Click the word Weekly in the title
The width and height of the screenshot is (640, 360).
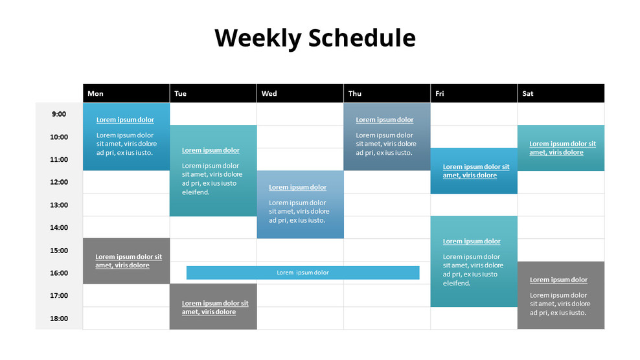pyautogui.click(x=258, y=38)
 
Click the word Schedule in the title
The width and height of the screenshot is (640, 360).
pyautogui.click(x=361, y=38)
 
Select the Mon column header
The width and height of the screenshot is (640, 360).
pyautogui.click(x=95, y=93)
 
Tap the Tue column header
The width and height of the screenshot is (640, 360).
pyautogui.click(x=180, y=93)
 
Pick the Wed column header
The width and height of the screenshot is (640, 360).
pyautogui.click(x=269, y=93)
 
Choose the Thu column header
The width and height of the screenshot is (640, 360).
pyautogui.click(x=355, y=93)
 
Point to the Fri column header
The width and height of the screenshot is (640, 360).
pyautogui.click(x=440, y=93)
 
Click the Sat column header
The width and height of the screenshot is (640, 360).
pyautogui.click(x=528, y=93)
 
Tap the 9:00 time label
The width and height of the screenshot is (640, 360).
pyautogui.click(x=59, y=114)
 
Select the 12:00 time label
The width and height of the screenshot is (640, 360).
pyautogui.click(x=59, y=182)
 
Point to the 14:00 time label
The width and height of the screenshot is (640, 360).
pyautogui.click(x=59, y=227)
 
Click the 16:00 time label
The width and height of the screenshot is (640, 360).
pyautogui.click(x=59, y=273)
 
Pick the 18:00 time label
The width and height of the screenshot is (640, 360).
pyautogui.click(x=59, y=318)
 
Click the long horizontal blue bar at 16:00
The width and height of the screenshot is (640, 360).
pyautogui.click(x=303, y=273)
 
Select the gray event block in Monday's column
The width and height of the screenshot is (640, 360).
pyautogui.click(x=126, y=261)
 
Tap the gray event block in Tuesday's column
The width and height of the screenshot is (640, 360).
pyautogui.click(x=213, y=307)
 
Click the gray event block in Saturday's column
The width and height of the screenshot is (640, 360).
pyautogui.click(x=560, y=295)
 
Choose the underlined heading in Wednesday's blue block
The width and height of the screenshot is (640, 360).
pyautogui.click(x=297, y=187)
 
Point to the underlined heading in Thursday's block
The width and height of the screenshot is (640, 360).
pyautogui.click(x=384, y=120)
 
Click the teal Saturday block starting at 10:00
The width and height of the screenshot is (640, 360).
pyautogui.click(x=560, y=148)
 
